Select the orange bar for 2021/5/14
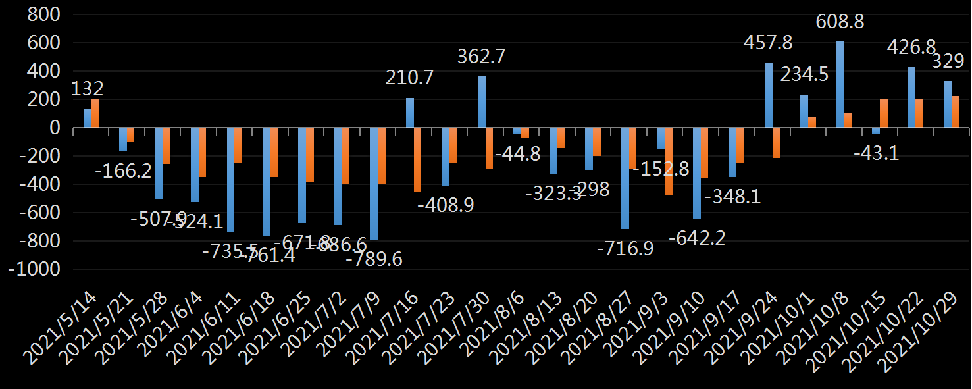point(95,113)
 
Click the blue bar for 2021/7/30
point(482,102)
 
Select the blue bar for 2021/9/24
point(769,95)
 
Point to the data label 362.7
point(482,57)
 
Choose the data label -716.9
point(625,249)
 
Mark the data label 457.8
point(768,43)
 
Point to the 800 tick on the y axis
point(42,14)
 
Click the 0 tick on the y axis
point(54,128)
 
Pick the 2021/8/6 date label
point(491,329)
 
